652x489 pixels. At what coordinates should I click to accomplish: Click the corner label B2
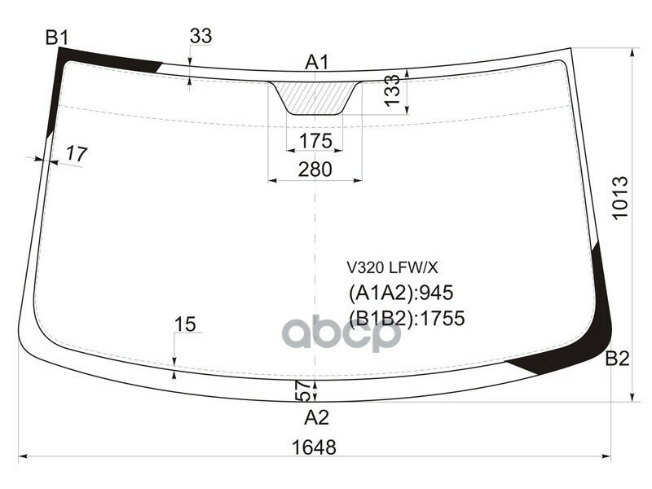click(617, 359)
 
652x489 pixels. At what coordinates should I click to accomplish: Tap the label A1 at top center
click(316, 63)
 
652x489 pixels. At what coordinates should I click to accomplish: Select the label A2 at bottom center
click(316, 418)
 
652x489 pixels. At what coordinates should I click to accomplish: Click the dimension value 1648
click(314, 447)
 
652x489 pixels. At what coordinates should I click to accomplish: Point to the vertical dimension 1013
click(621, 198)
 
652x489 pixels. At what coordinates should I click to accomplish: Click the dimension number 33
click(200, 36)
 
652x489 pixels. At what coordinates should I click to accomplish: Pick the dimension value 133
click(393, 91)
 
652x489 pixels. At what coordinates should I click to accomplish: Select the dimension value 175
click(315, 141)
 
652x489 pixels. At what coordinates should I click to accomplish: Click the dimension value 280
click(315, 169)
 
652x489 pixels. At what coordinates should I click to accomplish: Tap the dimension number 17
click(76, 152)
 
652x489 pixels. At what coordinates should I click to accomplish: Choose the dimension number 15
click(185, 324)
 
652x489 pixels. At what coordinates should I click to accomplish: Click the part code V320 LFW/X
click(393, 267)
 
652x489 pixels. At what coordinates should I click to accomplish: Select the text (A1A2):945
click(400, 293)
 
